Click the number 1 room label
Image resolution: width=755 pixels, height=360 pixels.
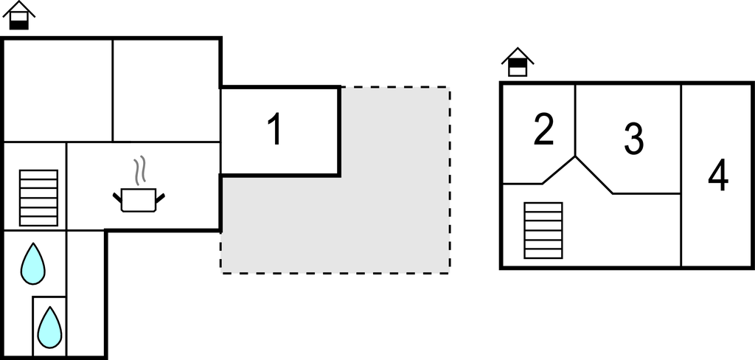pyautogui.click(x=274, y=130)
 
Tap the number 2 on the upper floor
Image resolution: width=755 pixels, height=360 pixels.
pyautogui.click(x=543, y=130)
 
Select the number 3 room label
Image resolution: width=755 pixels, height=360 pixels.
pyautogui.click(x=633, y=138)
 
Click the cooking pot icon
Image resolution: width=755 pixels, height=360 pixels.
pyautogui.click(x=138, y=200)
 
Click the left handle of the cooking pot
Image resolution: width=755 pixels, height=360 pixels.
pyautogui.click(x=117, y=196)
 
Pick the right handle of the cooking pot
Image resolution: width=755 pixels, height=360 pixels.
pyautogui.click(x=159, y=196)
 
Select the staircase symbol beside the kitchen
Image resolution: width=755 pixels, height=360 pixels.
pyautogui.click(x=38, y=197)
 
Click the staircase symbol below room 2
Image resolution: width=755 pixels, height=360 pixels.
pyautogui.click(x=543, y=230)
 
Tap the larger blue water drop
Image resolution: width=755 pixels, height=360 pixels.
pyautogui.click(x=32, y=263)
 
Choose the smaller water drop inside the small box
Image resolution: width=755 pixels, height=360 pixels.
pyautogui.click(x=49, y=325)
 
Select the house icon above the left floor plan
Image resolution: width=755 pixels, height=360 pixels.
pyautogui.click(x=20, y=15)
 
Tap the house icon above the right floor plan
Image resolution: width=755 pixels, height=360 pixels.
pyautogui.click(x=518, y=62)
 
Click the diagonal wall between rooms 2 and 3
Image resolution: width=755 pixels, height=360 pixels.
pyautogui.click(x=594, y=175)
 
